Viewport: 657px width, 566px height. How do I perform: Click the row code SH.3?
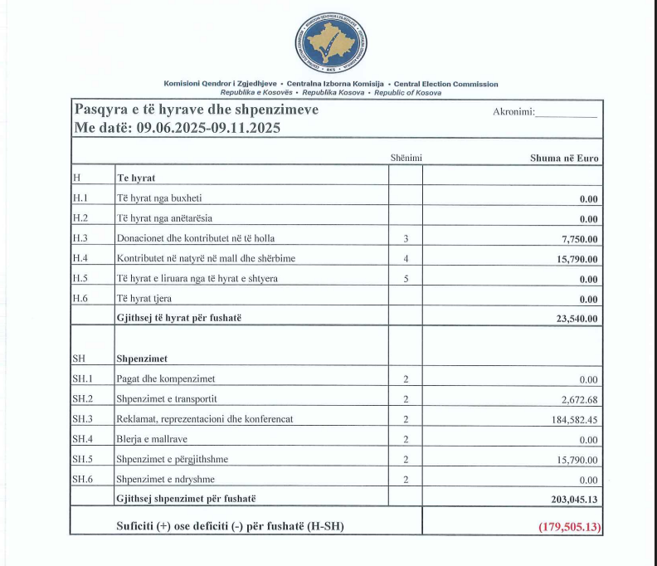pyautogui.click(x=80, y=419)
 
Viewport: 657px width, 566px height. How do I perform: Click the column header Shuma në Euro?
pyautogui.click(x=564, y=158)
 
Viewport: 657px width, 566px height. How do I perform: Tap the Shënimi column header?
pyautogui.click(x=406, y=158)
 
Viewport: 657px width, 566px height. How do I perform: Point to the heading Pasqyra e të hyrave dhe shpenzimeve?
pyautogui.click(x=197, y=110)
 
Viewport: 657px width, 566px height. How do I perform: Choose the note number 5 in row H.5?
pyautogui.click(x=406, y=279)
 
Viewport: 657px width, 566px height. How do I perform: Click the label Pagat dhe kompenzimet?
pyautogui.click(x=166, y=379)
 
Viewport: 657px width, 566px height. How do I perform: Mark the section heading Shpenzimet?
pyautogui.click(x=142, y=359)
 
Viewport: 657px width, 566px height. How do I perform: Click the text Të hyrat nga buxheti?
pyautogui.click(x=159, y=198)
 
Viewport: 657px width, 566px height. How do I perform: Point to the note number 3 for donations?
pyautogui.click(x=406, y=239)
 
